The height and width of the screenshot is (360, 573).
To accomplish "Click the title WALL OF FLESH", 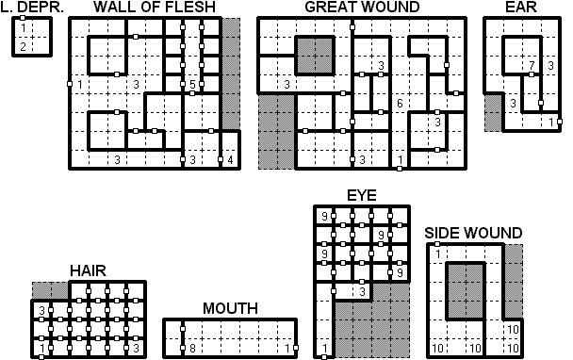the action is [155, 7].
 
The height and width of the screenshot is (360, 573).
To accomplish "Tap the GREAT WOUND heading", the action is [362, 7].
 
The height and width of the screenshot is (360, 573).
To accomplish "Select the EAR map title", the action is [521, 7].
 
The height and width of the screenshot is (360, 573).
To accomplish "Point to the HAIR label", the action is [88, 270].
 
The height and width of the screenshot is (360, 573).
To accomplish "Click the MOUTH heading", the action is [230, 308].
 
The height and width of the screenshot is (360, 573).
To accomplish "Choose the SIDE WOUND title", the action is [473, 233].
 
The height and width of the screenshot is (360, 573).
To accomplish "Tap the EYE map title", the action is [361, 195].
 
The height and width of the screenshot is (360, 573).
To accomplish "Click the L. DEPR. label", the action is [32, 7].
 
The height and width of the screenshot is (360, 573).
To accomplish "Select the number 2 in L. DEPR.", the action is [23, 47].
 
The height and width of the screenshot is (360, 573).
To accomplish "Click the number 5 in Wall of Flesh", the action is [192, 85].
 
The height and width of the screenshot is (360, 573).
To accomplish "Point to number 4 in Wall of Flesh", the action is [230, 159].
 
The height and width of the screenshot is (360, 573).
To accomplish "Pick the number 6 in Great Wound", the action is [400, 104].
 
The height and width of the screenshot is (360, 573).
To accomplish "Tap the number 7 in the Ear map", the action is [532, 65].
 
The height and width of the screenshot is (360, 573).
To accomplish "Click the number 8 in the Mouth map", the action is [192, 349].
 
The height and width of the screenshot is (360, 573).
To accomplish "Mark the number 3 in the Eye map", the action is [362, 291].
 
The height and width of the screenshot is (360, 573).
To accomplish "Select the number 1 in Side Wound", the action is [438, 254].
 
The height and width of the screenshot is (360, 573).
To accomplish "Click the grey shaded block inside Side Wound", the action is [466, 291].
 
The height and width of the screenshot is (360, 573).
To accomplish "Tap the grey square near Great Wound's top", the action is [315, 56].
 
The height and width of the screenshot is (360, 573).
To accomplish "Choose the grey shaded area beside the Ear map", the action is [493, 113].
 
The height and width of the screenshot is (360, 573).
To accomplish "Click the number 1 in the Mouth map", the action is [287, 349].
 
